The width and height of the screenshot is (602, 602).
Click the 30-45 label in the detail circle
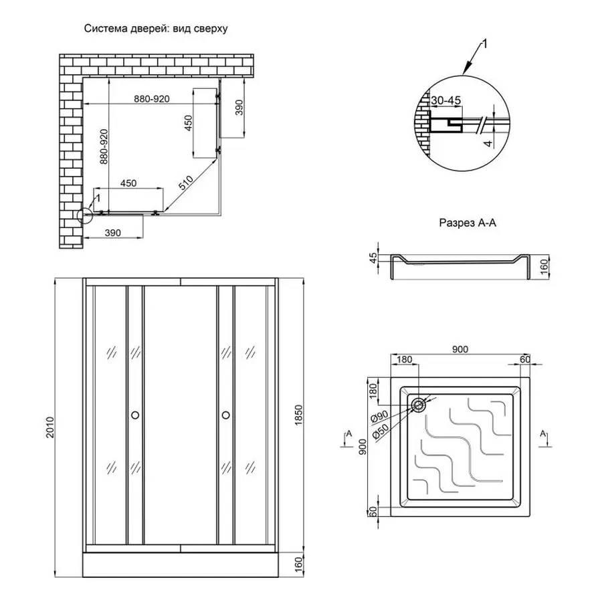[x=446, y=101]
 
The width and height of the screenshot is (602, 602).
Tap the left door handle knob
[x=134, y=415]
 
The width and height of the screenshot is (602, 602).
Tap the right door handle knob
[x=225, y=415]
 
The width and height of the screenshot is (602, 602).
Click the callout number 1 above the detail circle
[x=486, y=43]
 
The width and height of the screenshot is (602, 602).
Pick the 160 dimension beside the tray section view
[x=546, y=268]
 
